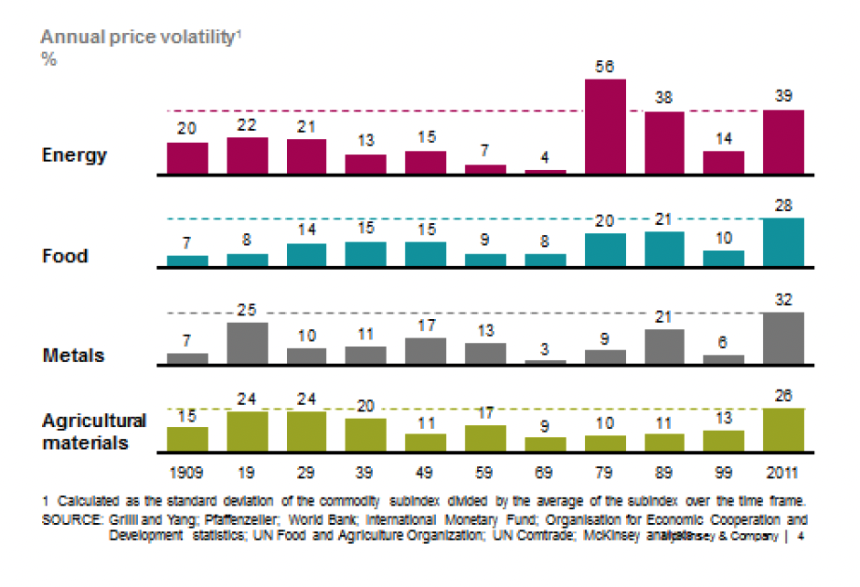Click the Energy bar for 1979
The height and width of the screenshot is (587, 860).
click(605, 126)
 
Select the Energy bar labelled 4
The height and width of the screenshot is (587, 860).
click(545, 171)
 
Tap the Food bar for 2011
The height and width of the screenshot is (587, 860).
click(784, 242)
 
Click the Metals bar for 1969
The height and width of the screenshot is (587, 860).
click(545, 362)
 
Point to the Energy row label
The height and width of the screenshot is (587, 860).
click(74, 155)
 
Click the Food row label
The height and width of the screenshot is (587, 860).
click(65, 256)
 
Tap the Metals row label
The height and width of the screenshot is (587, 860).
click(73, 356)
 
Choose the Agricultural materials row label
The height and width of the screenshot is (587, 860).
click(93, 432)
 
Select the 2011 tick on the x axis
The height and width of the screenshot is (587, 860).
click(784, 474)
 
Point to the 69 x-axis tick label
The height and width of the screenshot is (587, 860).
click(545, 474)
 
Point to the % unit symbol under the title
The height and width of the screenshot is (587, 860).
click(48, 59)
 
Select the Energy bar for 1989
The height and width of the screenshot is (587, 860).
click(664, 143)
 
